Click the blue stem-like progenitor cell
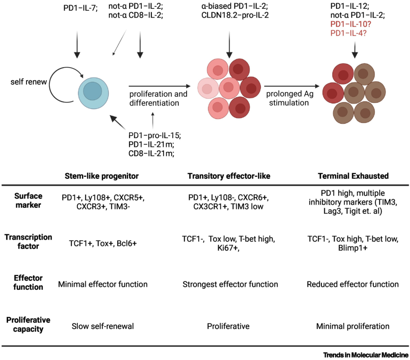click(93, 93)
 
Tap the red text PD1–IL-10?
click(351, 24)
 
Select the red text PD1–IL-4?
click(348, 33)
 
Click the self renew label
click(28, 82)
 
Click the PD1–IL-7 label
click(80, 8)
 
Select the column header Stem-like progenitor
click(102, 176)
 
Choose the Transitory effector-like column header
click(229, 176)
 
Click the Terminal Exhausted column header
click(353, 176)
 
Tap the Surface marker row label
click(28, 201)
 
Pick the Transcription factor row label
click(28, 242)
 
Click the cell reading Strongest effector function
click(230, 284)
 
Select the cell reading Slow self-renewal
click(103, 326)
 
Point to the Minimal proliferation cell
click(353, 326)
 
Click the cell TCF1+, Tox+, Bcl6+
click(103, 243)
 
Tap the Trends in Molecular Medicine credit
click(366, 355)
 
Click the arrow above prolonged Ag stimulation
click(292, 86)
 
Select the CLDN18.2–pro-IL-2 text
click(235, 15)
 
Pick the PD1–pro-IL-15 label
click(155, 136)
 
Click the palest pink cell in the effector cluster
click(208, 88)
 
